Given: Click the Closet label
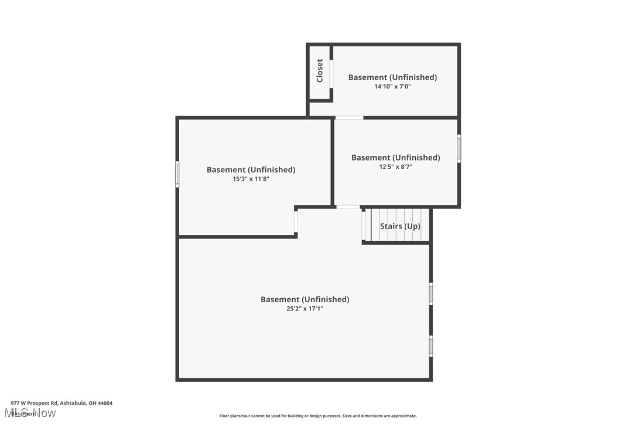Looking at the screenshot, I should [x=320, y=71].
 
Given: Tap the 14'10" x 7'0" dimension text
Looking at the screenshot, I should [x=393, y=87].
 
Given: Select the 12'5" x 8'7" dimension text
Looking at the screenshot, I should [x=395, y=167].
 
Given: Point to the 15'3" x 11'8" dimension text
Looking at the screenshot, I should [x=251, y=179].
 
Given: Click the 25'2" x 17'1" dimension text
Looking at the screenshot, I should [x=305, y=309].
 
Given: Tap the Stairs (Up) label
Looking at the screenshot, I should [x=400, y=226].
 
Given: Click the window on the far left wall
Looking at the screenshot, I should [x=177, y=174].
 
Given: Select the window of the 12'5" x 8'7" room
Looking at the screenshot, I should [x=459, y=148].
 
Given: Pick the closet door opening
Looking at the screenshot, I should [x=331, y=74].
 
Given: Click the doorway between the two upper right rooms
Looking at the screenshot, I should [x=349, y=118].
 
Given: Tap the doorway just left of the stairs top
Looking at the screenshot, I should [x=348, y=207].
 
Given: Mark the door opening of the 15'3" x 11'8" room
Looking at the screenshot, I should [x=296, y=222].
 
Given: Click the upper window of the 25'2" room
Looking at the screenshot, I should [x=431, y=293].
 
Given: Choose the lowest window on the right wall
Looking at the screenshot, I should [x=431, y=346].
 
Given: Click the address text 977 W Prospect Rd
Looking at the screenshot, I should [x=61, y=403].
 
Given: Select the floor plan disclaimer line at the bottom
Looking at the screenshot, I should [x=318, y=416].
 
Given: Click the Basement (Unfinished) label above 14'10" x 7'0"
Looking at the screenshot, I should [x=392, y=77].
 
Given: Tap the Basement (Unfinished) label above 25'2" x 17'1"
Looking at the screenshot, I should [x=305, y=299].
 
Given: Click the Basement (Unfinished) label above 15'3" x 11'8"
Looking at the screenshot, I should [x=251, y=170].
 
